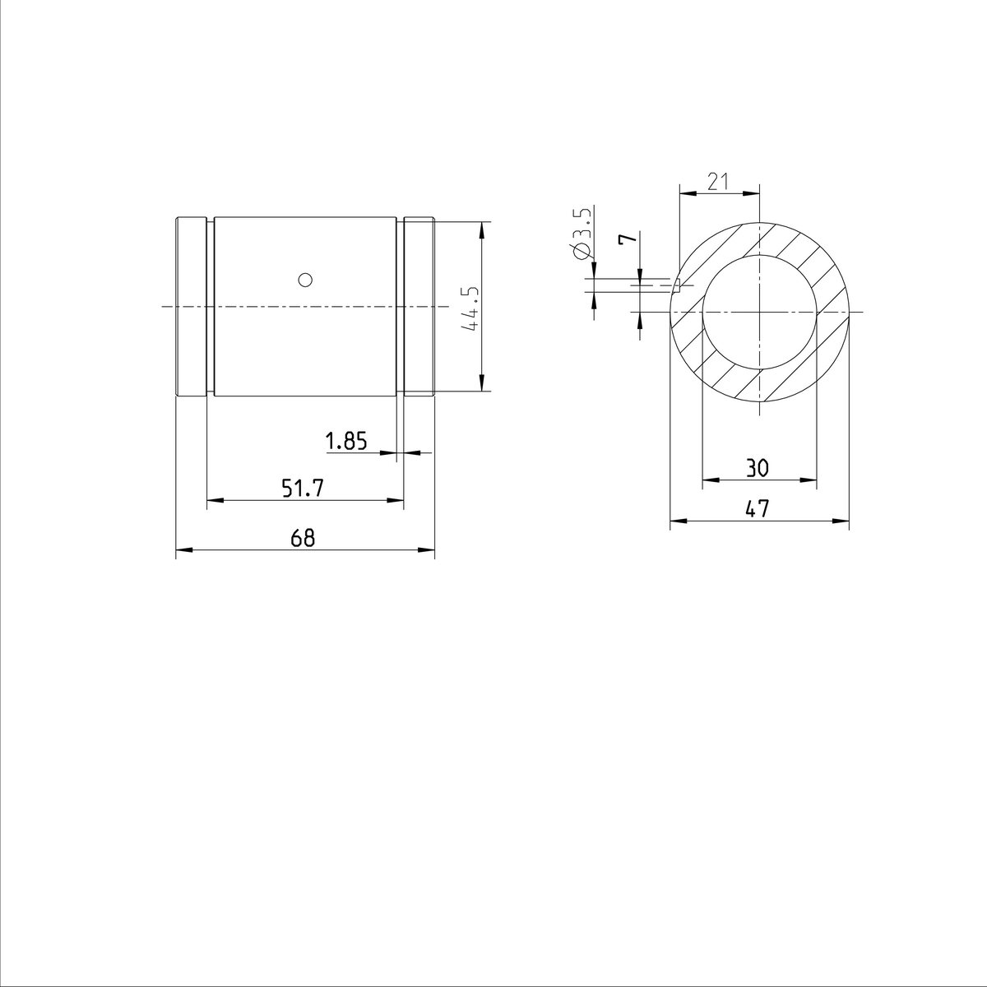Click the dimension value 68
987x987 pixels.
(x=303, y=538)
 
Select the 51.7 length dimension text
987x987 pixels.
(x=303, y=489)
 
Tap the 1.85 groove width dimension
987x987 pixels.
(x=345, y=442)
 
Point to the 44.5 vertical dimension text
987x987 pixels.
(x=470, y=309)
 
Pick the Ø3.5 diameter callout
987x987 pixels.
(x=580, y=234)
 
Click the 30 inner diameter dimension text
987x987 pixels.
(x=757, y=469)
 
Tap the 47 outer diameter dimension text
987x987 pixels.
(x=757, y=509)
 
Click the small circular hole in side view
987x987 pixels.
(x=305, y=280)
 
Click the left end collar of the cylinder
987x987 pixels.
(x=191, y=307)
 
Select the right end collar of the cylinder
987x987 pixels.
(x=419, y=307)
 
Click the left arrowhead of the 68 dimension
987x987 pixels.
(x=182, y=550)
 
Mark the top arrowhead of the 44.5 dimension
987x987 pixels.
(x=481, y=227)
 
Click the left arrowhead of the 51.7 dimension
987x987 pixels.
(x=212, y=500)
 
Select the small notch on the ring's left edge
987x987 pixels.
(x=679, y=285)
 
